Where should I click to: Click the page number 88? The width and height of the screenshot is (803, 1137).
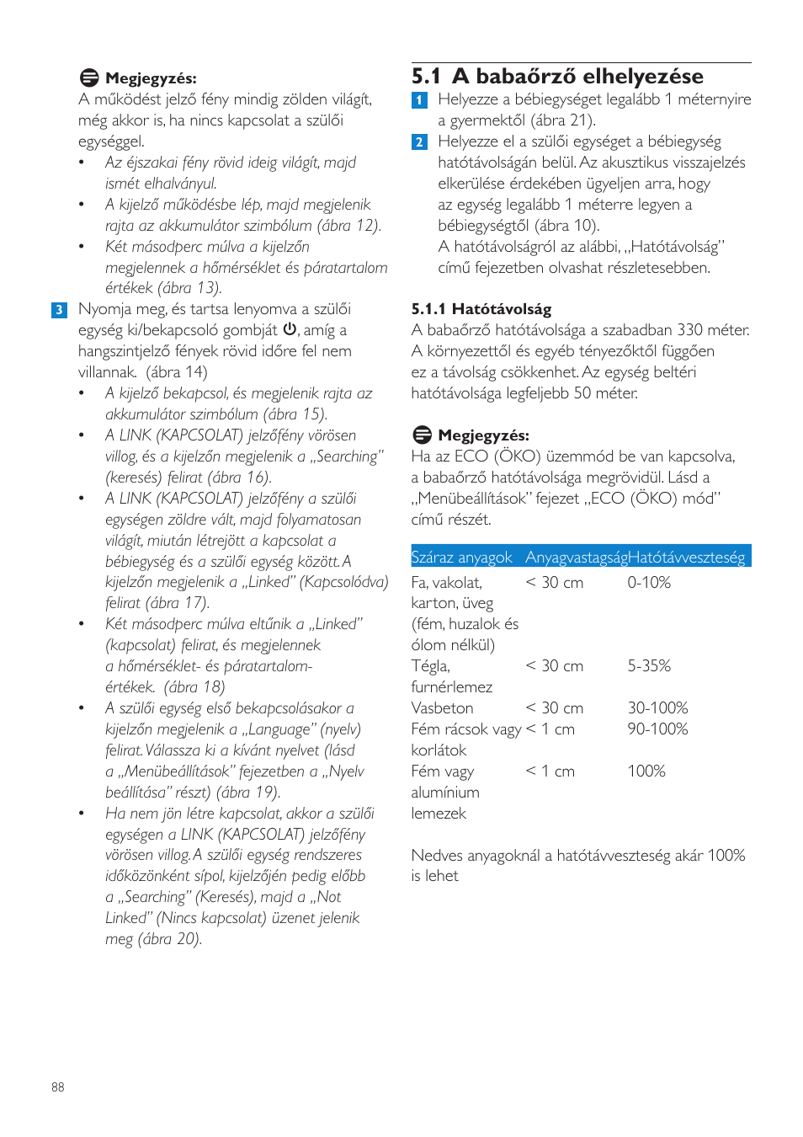[x=57, y=1087]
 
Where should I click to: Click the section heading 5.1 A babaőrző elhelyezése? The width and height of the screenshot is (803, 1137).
[x=556, y=77]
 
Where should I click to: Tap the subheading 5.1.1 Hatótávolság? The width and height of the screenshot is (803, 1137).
[x=481, y=309]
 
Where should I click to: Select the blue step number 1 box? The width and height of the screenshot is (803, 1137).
[x=419, y=100]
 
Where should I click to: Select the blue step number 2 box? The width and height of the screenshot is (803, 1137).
[x=419, y=142]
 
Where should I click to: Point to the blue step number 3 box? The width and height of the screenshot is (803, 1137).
[x=59, y=310]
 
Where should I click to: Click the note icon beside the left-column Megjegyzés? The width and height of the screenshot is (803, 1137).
[x=89, y=78]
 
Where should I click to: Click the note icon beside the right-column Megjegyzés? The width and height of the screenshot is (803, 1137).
[x=422, y=435]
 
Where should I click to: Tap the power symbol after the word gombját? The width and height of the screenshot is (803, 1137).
[x=290, y=329]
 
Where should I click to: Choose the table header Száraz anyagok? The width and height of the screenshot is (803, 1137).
[x=461, y=557]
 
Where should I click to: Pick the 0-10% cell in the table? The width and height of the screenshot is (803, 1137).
[x=649, y=582]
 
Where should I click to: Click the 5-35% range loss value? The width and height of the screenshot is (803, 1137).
[x=649, y=666]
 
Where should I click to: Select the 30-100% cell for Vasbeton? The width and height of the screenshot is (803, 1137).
[x=657, y=708]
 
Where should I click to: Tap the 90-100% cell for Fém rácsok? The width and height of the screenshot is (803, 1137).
[x=657, y=729]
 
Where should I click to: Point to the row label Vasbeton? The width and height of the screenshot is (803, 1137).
[x=442, y=708]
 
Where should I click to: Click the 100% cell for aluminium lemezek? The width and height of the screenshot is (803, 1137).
[x=646, y=771]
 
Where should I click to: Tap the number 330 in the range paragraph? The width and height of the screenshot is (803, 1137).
[x=689, y=330]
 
